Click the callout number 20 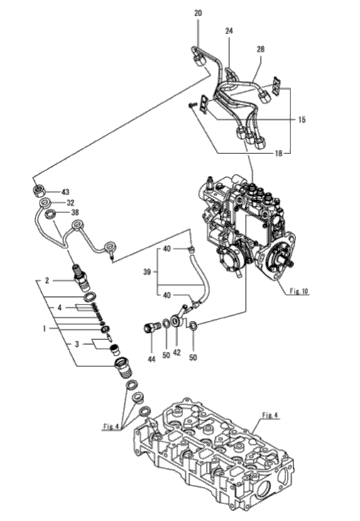point(198,13)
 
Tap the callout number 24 point(229,31)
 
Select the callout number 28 point(261,49)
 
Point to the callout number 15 point(302,120)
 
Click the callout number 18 point(278,153)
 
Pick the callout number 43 point(65,192)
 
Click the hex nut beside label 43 point(39,191)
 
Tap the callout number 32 point(70,203)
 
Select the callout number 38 point(75,213)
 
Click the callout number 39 point(147,272)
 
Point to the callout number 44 point(151,359)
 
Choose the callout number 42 point(177,352)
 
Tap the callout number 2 point(47,281)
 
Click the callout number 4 point(60,307)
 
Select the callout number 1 point(43,329)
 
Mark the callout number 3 point(77,344)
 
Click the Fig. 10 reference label point(299,292)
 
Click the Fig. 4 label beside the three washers point(111,427)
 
